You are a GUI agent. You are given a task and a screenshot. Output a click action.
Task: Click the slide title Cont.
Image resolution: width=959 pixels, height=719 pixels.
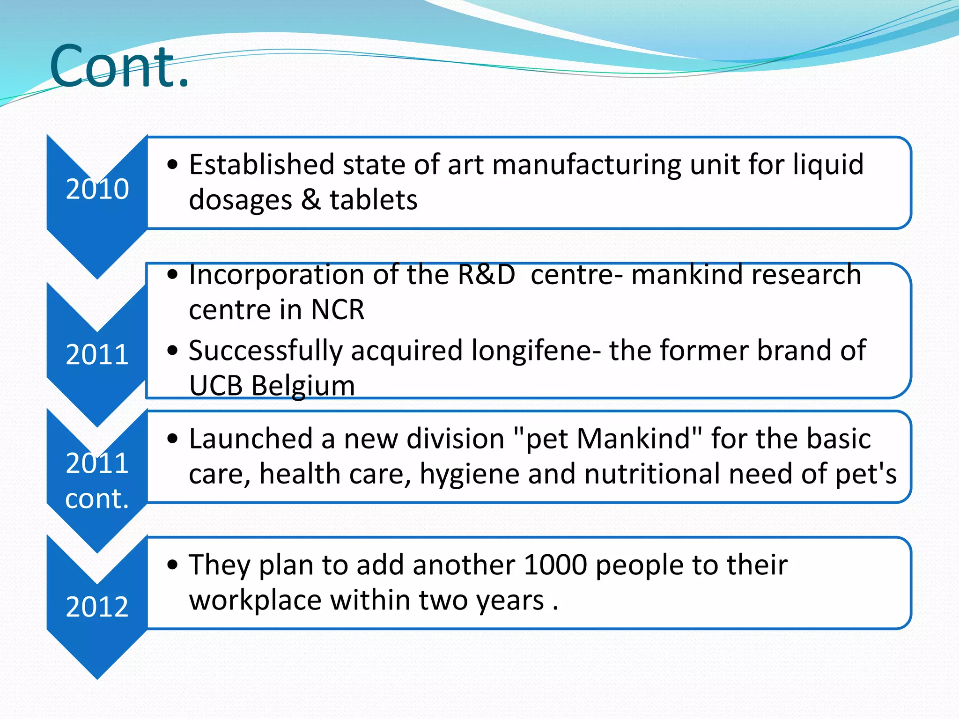(x=119, y=66)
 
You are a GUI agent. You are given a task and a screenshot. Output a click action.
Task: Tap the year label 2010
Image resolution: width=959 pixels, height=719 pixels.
(x=97, y=189)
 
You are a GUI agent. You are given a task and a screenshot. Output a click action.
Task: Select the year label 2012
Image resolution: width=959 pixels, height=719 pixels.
(x=97, y=607)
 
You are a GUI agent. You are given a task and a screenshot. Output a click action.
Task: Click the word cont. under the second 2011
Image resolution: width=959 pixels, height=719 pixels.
(x=97, y=499)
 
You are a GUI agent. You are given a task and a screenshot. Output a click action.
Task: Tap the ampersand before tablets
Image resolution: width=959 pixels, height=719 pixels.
(x=311, y=200)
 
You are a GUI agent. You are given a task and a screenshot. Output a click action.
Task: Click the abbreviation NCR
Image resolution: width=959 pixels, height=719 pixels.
(x=338, y=310)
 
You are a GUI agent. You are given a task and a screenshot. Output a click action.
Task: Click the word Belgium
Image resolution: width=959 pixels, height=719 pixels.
(x=303, y=386)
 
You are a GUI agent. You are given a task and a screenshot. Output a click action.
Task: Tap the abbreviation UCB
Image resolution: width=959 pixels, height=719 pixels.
(x=216, y=386)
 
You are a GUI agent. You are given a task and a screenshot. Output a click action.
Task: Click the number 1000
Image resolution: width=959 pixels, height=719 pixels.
(x=555, y=565)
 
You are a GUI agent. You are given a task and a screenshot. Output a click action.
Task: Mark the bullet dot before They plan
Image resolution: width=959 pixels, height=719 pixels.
(x=173, y=565)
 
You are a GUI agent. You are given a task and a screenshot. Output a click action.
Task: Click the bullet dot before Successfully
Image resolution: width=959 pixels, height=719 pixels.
(x=173, y=351)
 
